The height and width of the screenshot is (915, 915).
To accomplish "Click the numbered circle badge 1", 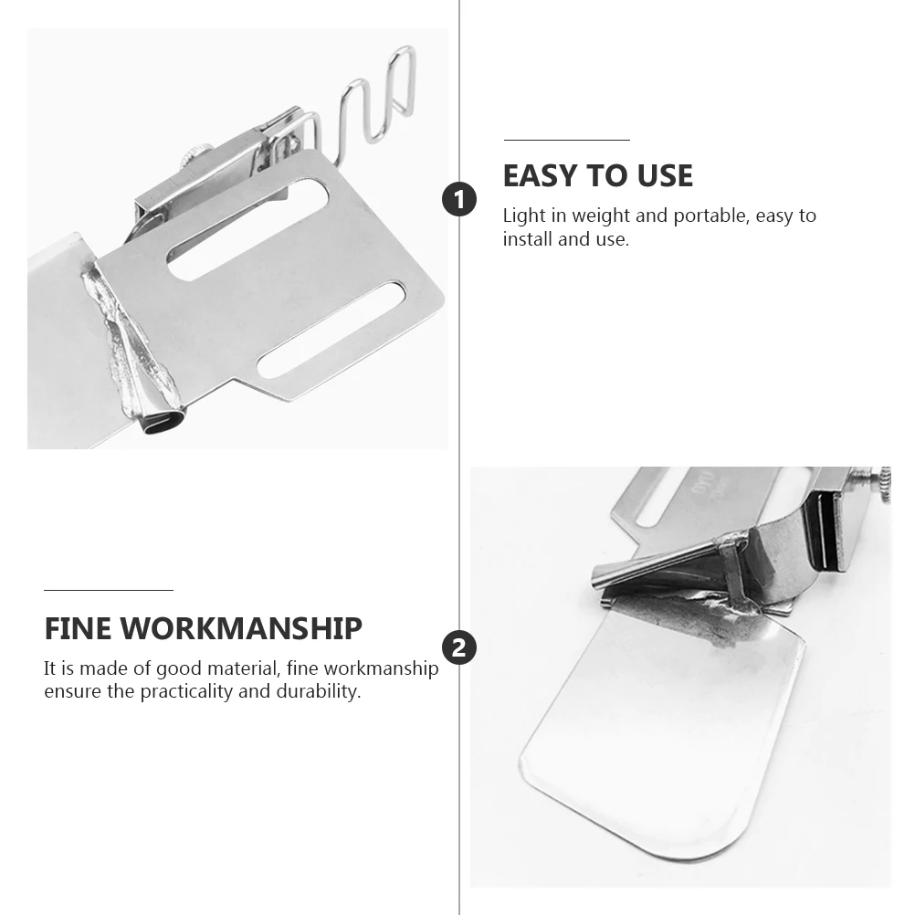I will point(459,199).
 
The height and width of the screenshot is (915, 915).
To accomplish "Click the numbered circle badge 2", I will point(459,647).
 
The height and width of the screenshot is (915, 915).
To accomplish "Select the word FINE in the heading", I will point(79,628).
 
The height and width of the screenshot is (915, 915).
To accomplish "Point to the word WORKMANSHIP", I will point(242,628).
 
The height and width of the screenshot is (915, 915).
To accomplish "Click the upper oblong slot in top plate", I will point(247,225).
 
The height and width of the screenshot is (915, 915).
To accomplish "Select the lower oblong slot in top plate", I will point(331,330).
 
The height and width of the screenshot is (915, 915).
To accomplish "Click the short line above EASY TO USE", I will point(566,140).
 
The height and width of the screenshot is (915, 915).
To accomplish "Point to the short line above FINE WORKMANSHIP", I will point(108,591).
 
